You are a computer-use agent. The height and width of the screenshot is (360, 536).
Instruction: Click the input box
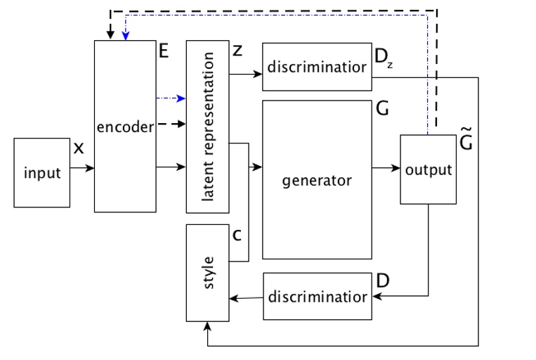[42, 173]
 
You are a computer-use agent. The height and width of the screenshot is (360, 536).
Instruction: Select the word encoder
[125, 127]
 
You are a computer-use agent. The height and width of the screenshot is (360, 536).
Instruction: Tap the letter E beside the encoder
[164, 51]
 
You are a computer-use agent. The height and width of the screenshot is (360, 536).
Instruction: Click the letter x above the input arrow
[79, 148]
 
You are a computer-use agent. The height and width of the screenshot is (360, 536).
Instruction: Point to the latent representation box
[207, 127]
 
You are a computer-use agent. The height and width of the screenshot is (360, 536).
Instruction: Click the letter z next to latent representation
[237, 51]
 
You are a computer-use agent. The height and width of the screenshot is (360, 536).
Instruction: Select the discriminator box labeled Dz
[316, 67]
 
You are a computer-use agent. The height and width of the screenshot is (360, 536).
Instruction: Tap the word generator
[316, 180]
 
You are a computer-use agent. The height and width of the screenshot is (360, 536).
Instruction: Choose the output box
[429, 169]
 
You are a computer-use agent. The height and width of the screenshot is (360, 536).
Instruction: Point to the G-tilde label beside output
[465, 143]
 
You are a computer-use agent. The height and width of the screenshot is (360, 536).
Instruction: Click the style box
[207, 271]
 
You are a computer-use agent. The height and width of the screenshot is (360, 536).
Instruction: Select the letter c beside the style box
[237, 235]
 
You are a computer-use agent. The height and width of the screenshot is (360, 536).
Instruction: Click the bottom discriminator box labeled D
[316, 296]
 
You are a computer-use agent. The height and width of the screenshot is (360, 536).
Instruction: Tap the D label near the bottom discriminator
[382, 280]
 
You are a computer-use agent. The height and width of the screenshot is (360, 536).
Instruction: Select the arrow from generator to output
[386, 168]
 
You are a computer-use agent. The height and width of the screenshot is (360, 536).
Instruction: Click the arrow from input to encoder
[82, 168]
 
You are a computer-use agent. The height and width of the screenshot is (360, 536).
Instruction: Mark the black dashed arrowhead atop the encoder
[109, 34]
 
